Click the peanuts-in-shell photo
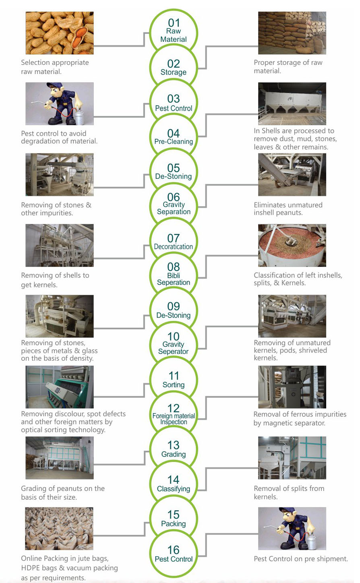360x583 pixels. [60, 33]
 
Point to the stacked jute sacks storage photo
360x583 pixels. [292, 33]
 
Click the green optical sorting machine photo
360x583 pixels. [60, 387]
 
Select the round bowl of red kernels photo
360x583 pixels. [292, 245]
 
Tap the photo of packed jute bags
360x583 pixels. [59, 528]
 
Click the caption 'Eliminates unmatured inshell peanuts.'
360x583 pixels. [288, 209]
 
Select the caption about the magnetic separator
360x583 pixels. [300, 418]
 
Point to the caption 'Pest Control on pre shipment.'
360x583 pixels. [301, 559]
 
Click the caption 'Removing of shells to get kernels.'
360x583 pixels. [55, 280]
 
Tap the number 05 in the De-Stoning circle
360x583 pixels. [174, 168]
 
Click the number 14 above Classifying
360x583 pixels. [174, 480]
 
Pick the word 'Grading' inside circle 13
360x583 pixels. [174, 455]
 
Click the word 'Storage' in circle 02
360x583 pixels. [174, 72]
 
